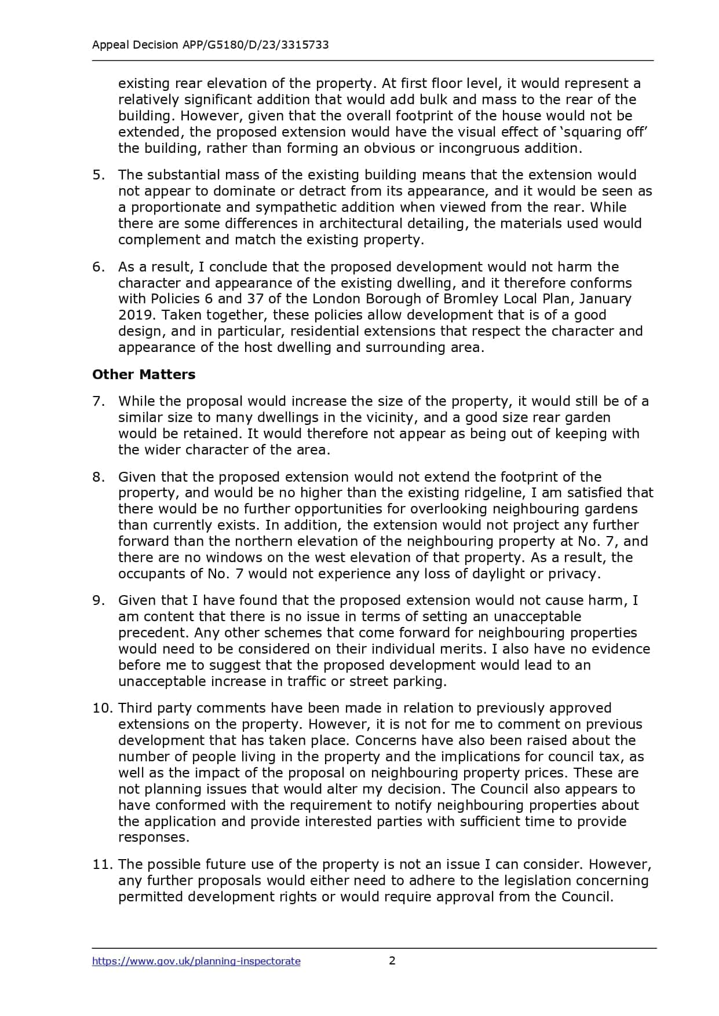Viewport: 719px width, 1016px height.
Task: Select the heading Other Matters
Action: [x=144, y=375]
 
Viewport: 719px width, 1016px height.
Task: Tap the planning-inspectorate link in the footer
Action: [x=196, y=961]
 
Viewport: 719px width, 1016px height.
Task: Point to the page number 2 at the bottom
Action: [x=392, y=960]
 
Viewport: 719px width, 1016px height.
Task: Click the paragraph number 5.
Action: [x=98, y=175]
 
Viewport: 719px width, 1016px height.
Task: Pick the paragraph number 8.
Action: [x=98, y=477]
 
